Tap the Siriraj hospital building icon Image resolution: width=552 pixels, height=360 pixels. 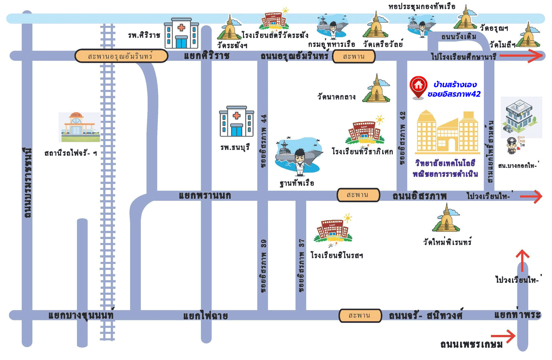click(x=181, y=33)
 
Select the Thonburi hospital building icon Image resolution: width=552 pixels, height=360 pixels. click(x=237, y=122)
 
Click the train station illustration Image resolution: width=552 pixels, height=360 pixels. click(x=80, y=127)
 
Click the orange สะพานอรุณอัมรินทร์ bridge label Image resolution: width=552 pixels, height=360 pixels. click(x=121, y=56)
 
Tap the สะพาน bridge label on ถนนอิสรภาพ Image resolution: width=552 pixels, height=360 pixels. click(x=358, y=195)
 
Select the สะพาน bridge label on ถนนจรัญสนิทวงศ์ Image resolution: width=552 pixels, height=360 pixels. click(x=360, y=315)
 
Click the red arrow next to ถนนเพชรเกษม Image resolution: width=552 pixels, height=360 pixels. click(x=503, y=336)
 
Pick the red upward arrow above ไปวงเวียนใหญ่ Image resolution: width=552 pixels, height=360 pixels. click(x=522, y=260)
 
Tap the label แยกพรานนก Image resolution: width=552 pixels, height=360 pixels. click(x=205, y=196)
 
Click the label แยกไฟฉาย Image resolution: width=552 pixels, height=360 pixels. click(x=206, y=316)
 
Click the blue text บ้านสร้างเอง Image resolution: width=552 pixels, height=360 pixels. click(x=455, y=84)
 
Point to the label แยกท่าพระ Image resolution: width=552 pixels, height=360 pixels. click(x=517, y=315)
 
